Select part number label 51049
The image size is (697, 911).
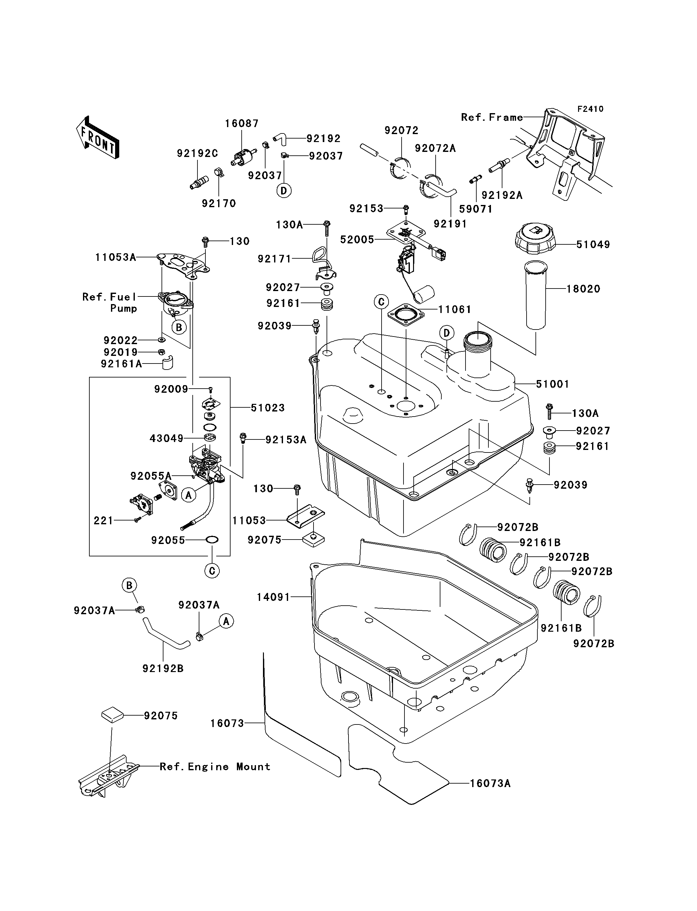point(593,245)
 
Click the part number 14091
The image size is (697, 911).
point(273,597)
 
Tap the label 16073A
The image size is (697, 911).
point(490,783)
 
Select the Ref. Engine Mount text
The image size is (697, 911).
point(215,767)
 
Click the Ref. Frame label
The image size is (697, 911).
point(492,118)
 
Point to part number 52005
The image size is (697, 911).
point(357,240)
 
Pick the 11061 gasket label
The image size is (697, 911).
point(455,309)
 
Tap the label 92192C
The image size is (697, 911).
point(197,153)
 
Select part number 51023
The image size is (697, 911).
point(268,408)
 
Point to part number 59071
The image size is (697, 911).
point(476,209)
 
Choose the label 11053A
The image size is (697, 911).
point(115,257)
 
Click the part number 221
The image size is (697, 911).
point(103,520)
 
